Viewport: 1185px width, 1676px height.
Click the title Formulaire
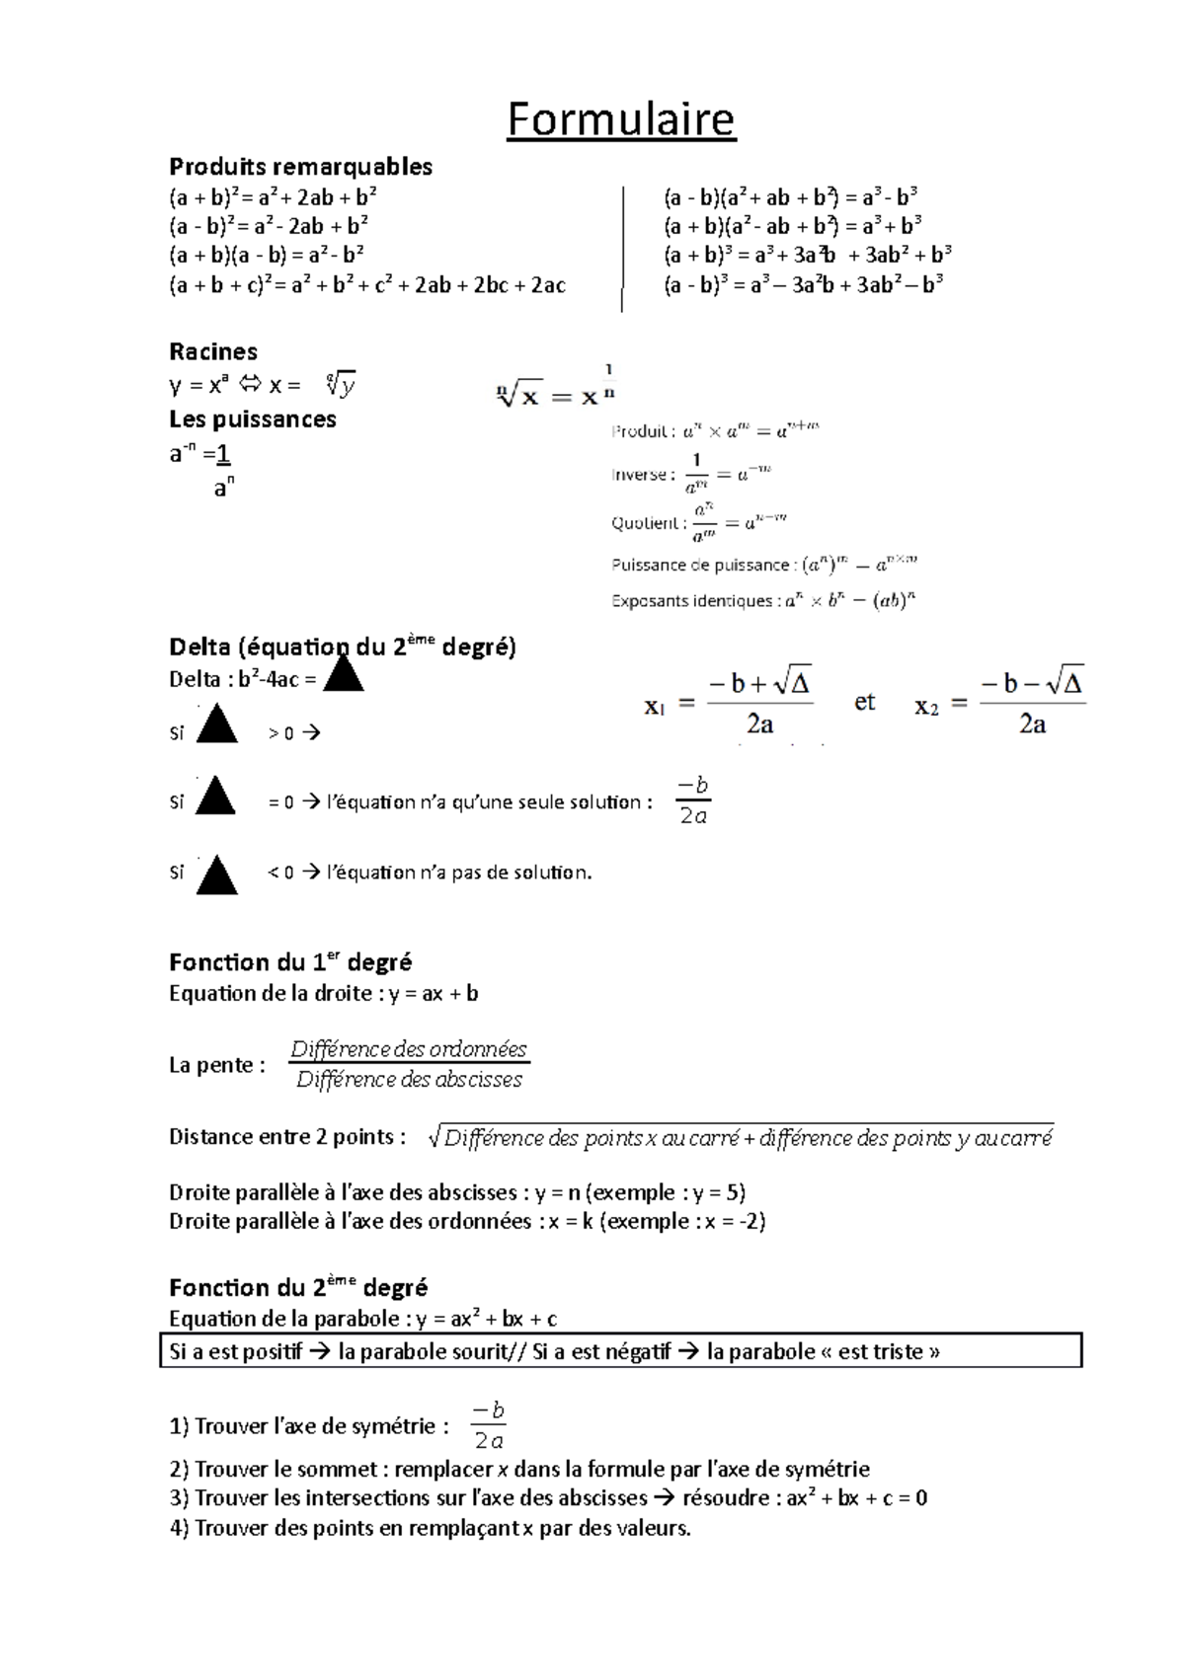pyautogui.click(x=620, y=120)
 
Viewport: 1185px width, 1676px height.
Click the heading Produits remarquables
pyautogui.click(x=300, y=166)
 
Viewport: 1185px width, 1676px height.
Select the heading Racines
pyautogui.click(x=212, y=351)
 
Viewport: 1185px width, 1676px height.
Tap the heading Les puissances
pyautogui.click(x=252, y=419)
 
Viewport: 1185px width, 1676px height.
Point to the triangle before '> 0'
pyautogui.click(x=216, y=727)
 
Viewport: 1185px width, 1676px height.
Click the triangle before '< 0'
pyautogui.click(x=216, y=876)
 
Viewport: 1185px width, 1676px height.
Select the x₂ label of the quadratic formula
pyautogui.click(x=926, y=706)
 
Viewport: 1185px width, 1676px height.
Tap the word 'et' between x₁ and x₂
pyautogui.click(x=864, y=702)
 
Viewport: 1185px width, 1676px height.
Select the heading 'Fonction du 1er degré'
pyautogui.click(x=290, y=962)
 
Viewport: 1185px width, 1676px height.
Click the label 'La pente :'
pyautogui.click(x=217, y=1065)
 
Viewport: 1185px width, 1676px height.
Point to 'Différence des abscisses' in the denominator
pyautogui.click(x=409, y=1080)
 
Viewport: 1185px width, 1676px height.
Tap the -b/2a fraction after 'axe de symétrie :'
pyautogui.click(x=489, y=1425)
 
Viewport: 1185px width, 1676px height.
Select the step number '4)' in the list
pyautogui.click(x=179, y=1528)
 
